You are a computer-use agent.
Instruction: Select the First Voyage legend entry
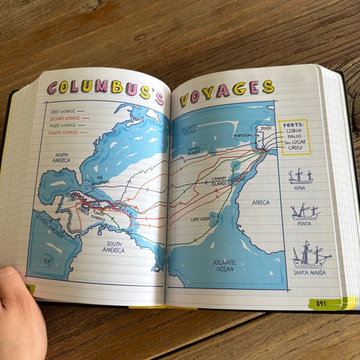point(65,112)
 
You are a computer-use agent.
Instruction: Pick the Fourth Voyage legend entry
point(65,132)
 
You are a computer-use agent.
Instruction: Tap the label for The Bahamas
point(99,179)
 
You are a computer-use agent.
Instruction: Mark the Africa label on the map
point(261,202)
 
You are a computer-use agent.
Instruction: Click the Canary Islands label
point(219,181)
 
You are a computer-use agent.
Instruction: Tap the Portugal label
point(243,135)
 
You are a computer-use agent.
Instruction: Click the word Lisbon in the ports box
point(295,131)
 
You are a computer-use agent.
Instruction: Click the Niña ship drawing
point(300,177)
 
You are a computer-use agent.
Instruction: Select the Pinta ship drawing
point(304,213)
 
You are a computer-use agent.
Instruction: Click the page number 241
point(321,303)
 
